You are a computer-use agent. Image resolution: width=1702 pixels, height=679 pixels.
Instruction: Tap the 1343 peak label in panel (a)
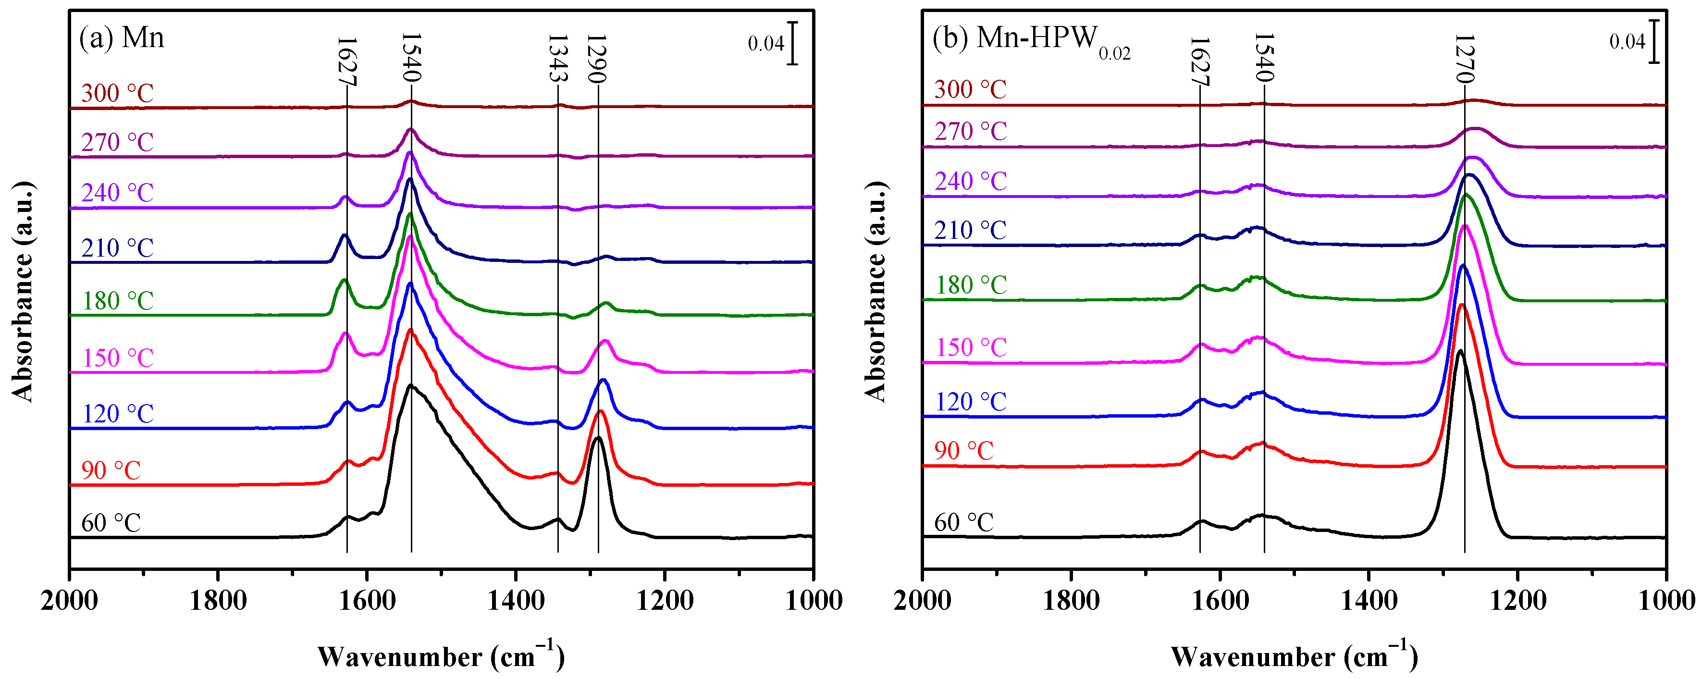557,58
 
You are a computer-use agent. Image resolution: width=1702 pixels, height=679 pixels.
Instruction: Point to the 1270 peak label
1464,58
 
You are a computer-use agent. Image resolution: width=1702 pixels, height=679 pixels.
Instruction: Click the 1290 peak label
597,58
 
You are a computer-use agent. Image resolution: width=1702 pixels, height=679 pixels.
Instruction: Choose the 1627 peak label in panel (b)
1199,61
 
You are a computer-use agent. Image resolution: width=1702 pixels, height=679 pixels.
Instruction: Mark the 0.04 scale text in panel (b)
1627,42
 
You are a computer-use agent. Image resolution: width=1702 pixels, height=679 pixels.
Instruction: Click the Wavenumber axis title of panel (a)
441,656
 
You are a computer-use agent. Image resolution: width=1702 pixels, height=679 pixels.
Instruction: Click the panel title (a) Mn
122,37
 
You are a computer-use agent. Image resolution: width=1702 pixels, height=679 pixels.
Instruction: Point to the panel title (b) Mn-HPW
1031,39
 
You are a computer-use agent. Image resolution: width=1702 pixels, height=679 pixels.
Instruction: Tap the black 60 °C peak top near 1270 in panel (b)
1459,351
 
